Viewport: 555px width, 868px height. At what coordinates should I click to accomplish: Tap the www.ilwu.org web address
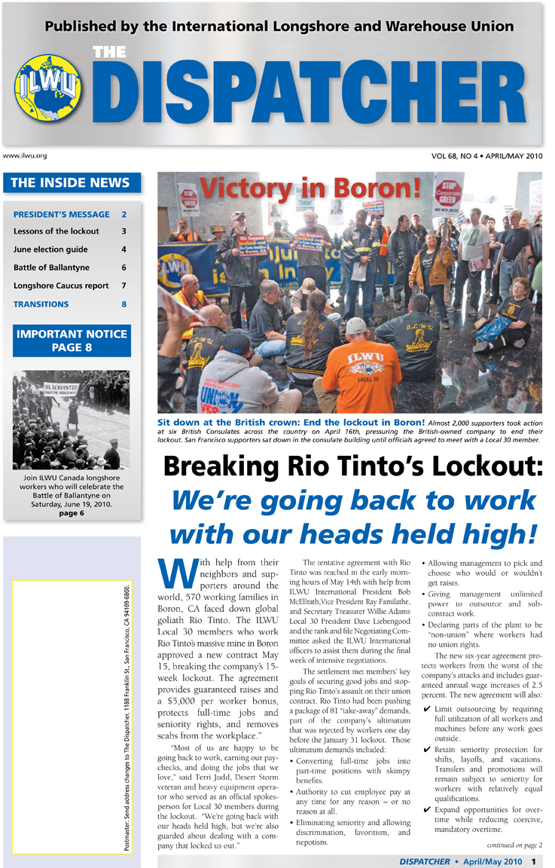tap(26, 156)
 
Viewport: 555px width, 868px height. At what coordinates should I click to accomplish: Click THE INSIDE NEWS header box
tap(71, 182)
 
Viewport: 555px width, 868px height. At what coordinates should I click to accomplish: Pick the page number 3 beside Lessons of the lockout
tap(124, 231)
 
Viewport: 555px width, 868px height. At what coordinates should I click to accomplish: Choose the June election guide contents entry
tap(50, 249)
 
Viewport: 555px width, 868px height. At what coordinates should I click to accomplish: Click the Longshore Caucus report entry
tap(61, 286)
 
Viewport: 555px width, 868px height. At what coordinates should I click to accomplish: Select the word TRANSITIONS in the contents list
tap(41, 304)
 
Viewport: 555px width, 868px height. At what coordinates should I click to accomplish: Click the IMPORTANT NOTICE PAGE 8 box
tap(72, 341)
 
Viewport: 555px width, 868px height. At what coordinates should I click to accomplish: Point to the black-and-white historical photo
tap(71, 418)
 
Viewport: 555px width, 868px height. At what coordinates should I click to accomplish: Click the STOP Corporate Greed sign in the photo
tap(449, 194)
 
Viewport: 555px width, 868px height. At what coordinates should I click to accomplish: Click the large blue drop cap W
tap(176, 576)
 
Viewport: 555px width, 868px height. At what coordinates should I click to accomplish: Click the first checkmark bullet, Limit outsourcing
tap(427, 710)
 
